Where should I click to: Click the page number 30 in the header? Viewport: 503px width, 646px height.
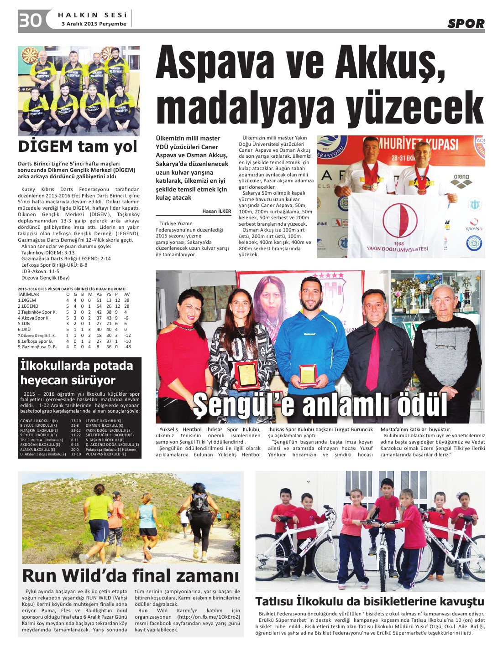pyautogui.click(x=30, y=21)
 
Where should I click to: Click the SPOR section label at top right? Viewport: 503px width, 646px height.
pyautogui.click(x=466, y=24)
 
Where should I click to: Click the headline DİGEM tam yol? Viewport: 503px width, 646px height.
pyautogui.click(x=78, y=146)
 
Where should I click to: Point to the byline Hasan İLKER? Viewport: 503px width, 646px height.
pyautogui.click(x=217, y=211)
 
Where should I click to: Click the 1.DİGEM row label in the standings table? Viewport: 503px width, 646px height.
pyautogui.click(x=27, y=300)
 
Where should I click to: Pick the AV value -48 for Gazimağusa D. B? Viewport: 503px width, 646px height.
pyautogui.click(x=127, y=346)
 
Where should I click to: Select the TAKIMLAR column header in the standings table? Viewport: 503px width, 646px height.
pyautogui.click(x=28, y=295)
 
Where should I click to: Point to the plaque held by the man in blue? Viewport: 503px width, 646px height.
pyautogui.click(x=308, y=374)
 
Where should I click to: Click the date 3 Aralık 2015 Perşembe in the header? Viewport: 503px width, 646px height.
pyautogui.click(x=94, y=24)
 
